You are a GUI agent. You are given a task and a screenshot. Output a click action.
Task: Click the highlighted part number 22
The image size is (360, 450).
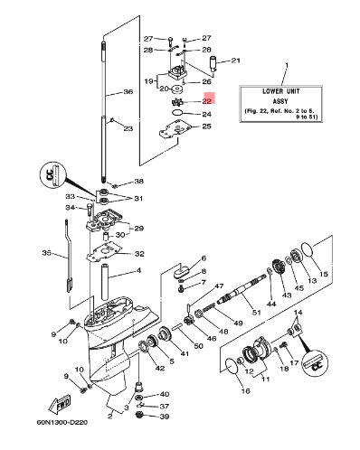tap(207, 101)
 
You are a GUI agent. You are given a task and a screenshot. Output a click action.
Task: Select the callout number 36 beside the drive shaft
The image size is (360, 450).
tap(128, 91)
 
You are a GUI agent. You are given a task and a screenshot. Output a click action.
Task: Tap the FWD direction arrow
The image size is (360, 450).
tap(60, 404)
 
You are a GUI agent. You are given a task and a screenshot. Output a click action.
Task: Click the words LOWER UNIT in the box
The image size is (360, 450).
tap(281, 91)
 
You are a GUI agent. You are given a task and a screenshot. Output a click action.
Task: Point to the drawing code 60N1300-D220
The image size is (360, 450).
tap(62, 423)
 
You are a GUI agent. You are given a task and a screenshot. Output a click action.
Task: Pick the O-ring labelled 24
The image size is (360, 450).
tap(177, 113)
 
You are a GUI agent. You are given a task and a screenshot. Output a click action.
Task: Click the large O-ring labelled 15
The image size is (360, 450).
tap(308, 249)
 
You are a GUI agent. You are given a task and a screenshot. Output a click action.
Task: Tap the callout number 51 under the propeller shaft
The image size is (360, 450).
tap(257, 313)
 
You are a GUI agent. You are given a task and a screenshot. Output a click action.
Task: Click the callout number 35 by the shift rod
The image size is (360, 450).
tap(47, 253)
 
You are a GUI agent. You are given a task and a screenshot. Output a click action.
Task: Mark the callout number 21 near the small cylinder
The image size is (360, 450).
tap(235, 61)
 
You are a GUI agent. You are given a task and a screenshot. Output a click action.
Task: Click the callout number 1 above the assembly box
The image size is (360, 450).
tap(287, 65)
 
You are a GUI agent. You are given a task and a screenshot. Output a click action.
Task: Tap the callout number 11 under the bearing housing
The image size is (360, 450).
tap(266, 379)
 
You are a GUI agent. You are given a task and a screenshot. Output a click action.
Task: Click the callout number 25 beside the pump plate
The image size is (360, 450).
tap(206, 126)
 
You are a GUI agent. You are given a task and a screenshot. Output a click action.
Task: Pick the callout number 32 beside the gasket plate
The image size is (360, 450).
tap(139, 254)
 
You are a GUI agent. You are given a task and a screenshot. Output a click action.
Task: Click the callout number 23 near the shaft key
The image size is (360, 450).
tap(128, 128)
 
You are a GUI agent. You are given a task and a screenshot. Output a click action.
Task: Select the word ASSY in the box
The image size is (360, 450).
tap(280, 101)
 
